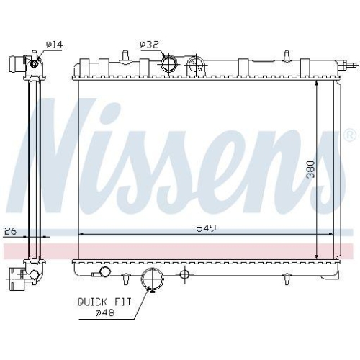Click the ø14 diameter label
coord(54,45)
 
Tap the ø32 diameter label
coord(149,45)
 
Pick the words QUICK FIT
coord(104,302)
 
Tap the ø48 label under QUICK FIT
coord(112,313)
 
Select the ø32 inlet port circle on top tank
coord(171,63)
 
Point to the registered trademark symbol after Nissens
coord(349,135)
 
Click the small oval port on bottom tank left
coord(106,272)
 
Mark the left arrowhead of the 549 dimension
coord(81,234)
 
